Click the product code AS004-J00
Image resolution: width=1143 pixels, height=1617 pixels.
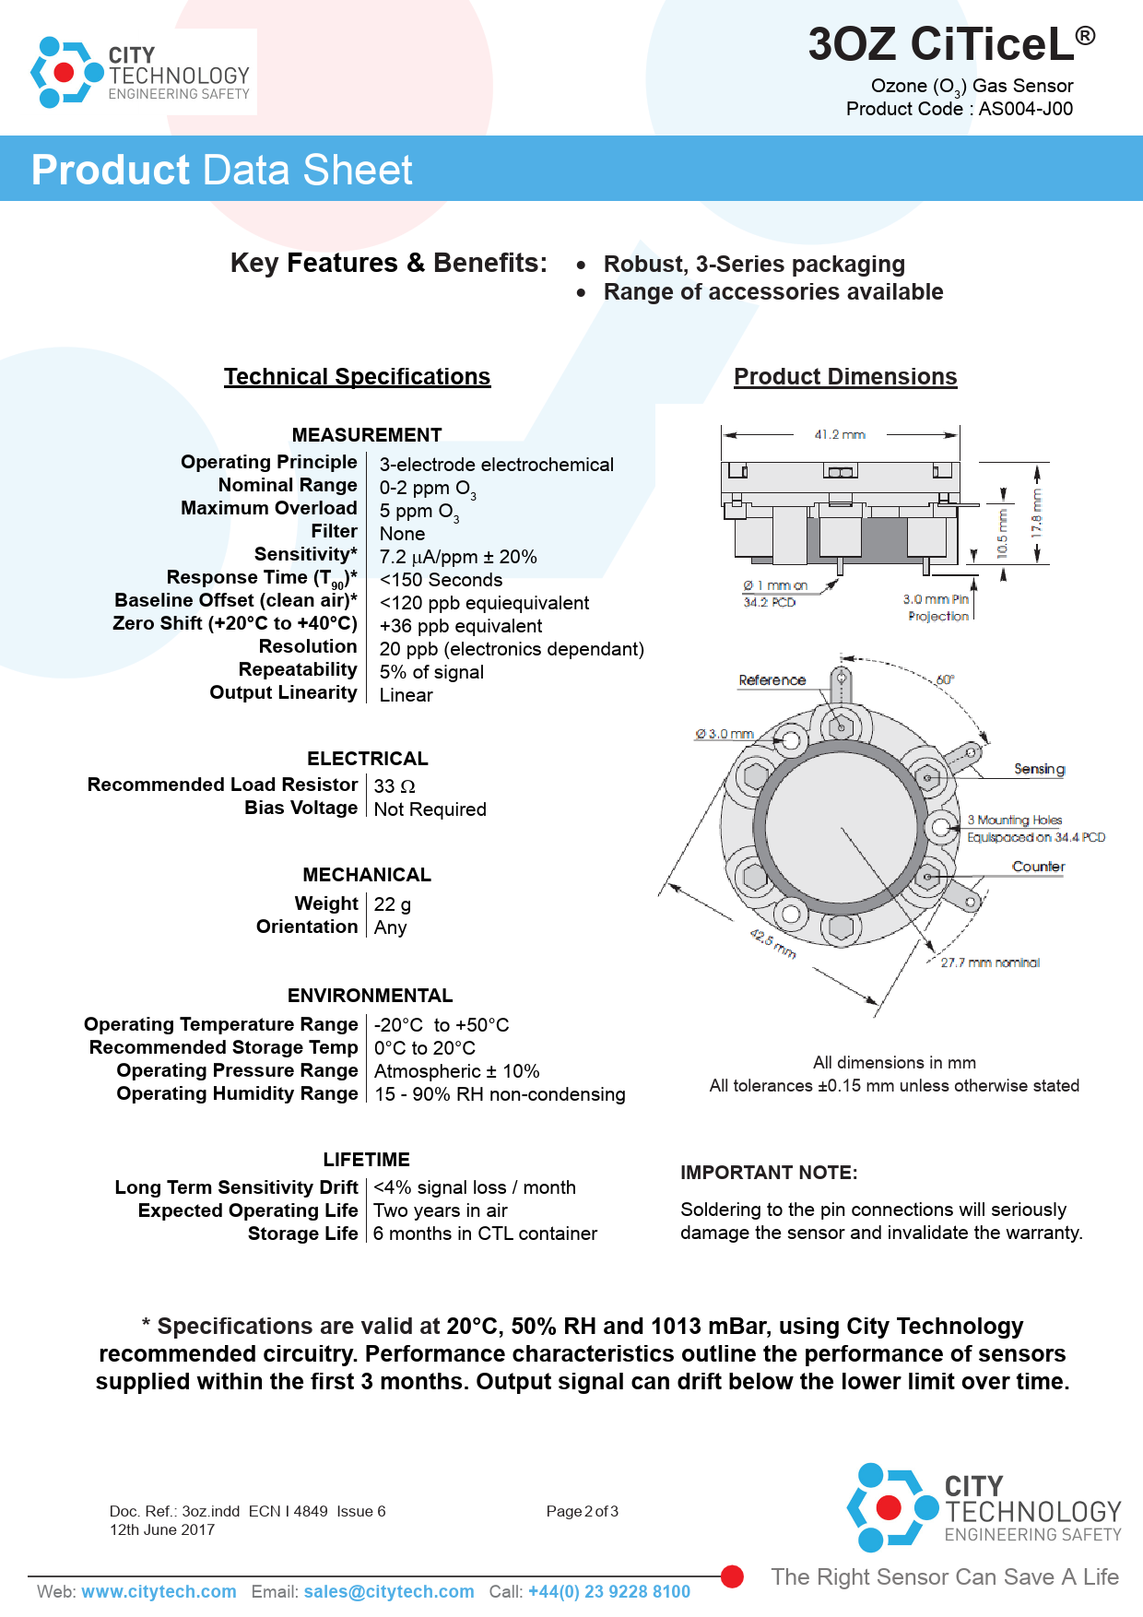pos(1025,109)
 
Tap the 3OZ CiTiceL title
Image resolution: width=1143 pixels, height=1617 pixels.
pos(950,44)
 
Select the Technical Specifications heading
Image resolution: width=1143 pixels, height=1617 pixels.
pos(357,377)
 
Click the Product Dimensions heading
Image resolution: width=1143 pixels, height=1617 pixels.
pos(845,377)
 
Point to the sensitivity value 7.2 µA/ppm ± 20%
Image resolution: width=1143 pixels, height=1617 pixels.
pos(458,557)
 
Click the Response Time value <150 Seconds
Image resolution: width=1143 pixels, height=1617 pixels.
pos(441,580)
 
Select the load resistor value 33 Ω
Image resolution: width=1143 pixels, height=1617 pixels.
pos(395,786)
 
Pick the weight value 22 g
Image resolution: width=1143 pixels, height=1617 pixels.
pos(393,904)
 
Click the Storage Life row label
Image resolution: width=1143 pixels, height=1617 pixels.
pos(302,1233)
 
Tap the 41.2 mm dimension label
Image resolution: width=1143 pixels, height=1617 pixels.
pos(840,435)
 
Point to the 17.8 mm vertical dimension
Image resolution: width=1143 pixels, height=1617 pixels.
pos(1037,513)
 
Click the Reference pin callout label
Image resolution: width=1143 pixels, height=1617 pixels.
pos(772,680)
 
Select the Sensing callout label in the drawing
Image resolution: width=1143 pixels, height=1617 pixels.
pos(1039,769)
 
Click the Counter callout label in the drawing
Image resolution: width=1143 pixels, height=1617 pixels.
pos(1038,867)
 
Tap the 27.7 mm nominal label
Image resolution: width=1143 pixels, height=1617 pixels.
pos(990,962)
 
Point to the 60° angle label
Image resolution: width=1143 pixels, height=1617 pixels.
pos(945,679)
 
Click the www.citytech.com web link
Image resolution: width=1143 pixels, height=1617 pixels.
pos(159,1592)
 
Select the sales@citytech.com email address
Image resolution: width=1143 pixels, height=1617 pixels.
pos(389,1592)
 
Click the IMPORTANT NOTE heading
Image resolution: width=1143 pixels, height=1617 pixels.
pos(769,1173)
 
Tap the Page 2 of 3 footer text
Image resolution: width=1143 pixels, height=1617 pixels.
pos(582,1512)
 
